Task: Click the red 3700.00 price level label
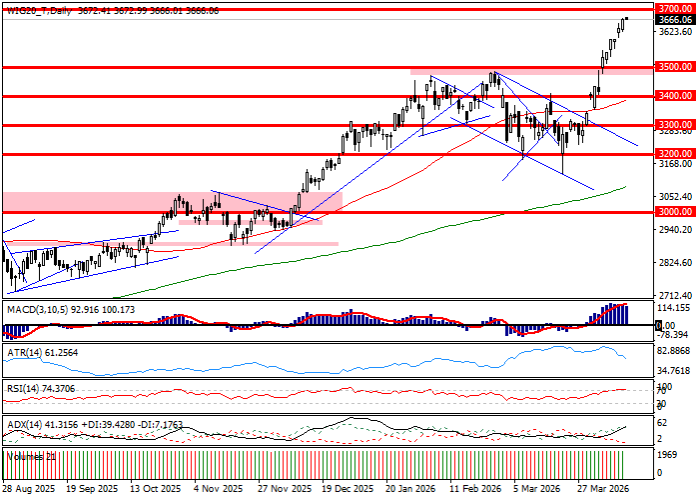tap(676, 8)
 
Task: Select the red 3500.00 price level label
tap(676, 67)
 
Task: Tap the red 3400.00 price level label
tap(676, 96)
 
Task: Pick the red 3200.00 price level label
tap(676, 154)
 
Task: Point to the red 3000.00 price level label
tap(676, 212)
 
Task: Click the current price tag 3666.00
tap(676, 20)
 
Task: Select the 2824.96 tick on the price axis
tap(676, 263)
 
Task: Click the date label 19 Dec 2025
tap(349, 489)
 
